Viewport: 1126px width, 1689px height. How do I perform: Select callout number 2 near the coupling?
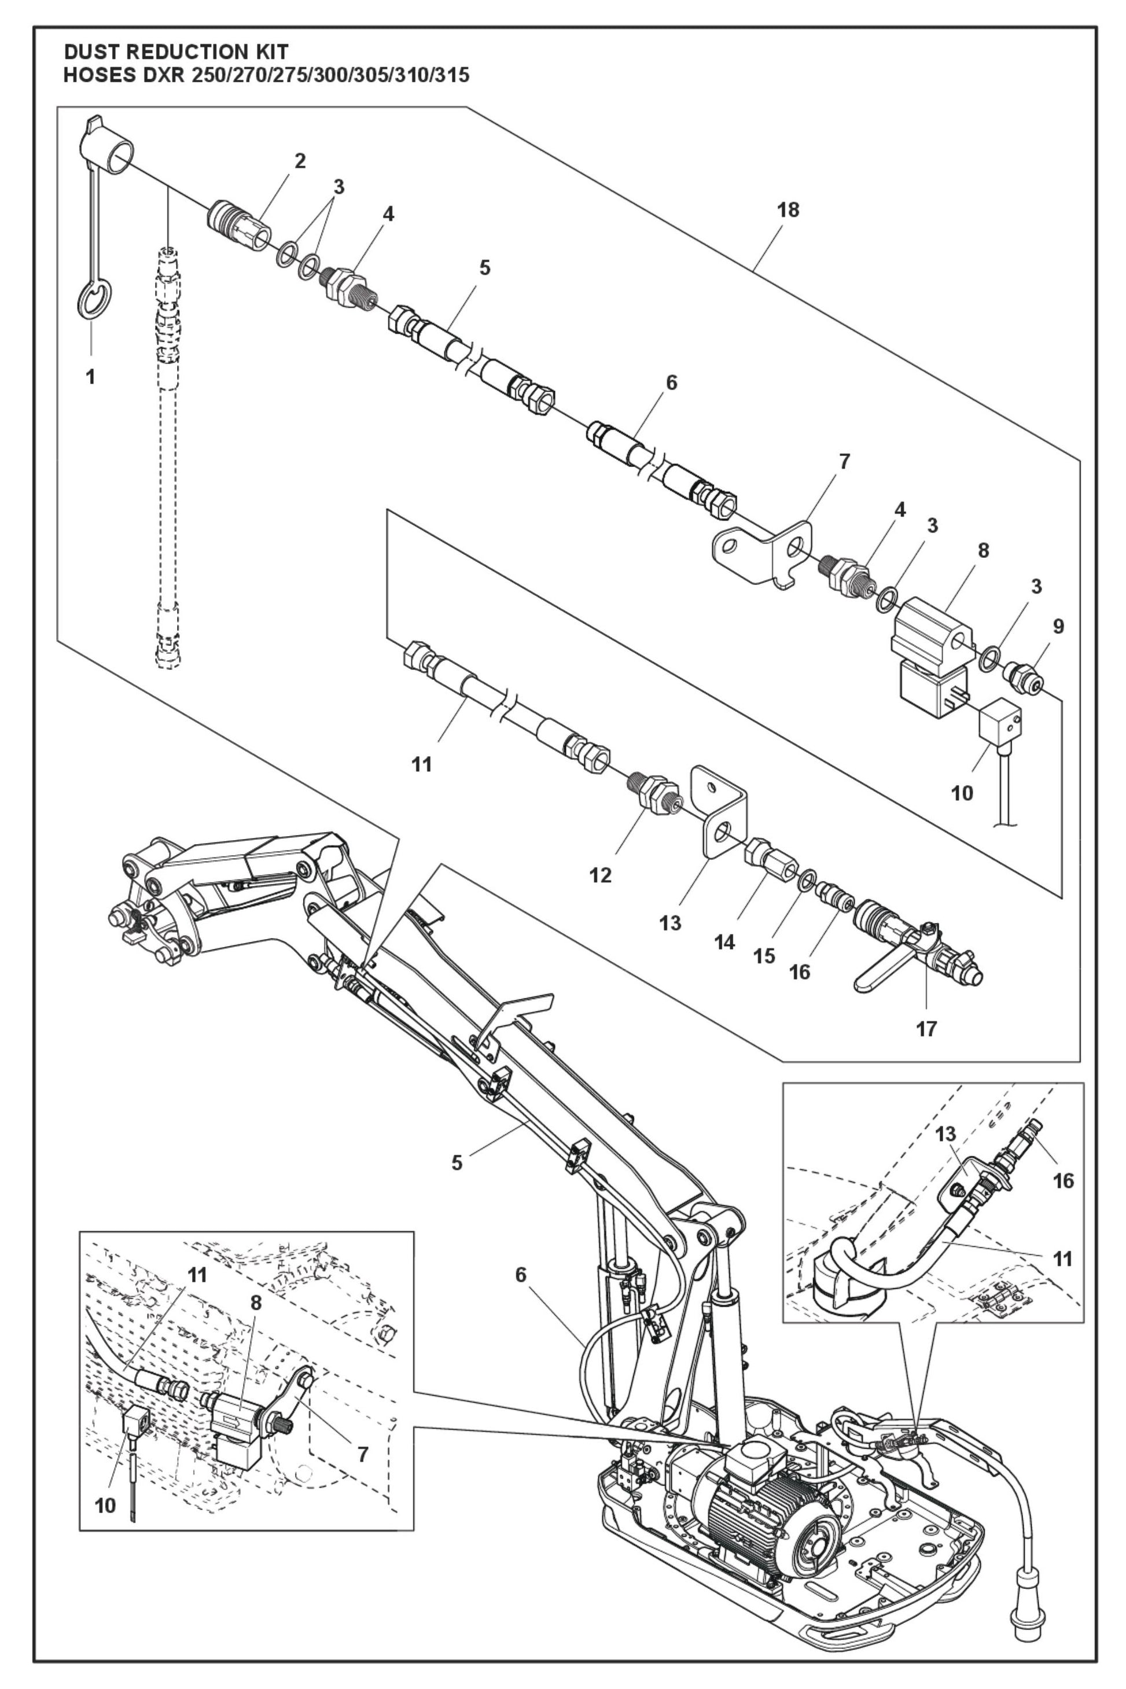[300, 161]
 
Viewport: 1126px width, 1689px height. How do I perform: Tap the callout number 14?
[724, 942]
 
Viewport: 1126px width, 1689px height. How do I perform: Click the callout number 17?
[926, 1028]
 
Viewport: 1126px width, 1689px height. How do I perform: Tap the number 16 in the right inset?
[1063, 1180]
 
